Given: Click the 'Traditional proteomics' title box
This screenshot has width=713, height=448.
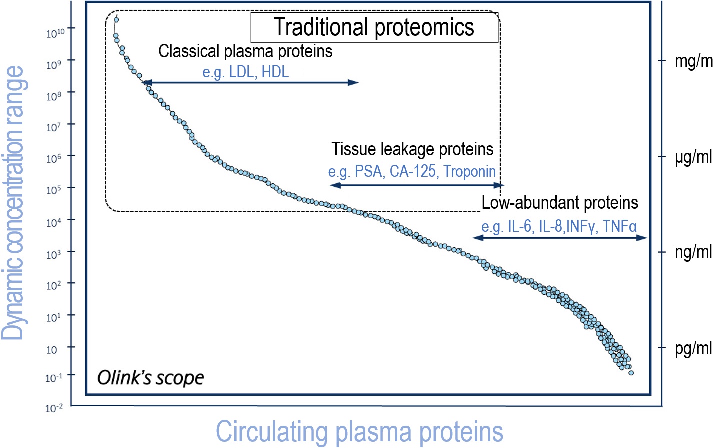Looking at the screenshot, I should click(x=374, y=27).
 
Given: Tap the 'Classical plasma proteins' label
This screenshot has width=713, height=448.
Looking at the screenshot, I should click(x=245, y=51).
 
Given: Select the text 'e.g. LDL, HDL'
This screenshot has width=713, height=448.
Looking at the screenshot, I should click(x=245, y=72).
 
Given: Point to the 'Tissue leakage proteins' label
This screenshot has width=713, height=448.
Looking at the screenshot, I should click(x=412, y=149).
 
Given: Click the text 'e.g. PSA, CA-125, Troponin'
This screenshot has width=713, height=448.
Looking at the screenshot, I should click(x=412, y=171).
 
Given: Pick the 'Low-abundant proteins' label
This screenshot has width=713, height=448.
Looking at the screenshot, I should click(x=559, y=203).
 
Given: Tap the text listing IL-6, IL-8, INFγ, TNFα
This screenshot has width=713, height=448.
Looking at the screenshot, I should click(x=559, y=226).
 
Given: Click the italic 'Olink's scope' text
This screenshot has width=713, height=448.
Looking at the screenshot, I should click(x=150, y=378).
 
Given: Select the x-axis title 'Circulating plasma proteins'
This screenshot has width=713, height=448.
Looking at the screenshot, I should click(x=359, y=432).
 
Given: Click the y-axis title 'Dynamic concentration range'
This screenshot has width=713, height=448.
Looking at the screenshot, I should click(x=13, y=203).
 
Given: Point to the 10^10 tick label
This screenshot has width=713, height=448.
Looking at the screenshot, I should click(x=55, y=33).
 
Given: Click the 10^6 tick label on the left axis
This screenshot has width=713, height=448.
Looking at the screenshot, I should click(x=53, y=158).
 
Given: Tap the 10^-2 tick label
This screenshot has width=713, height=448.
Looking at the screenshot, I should click(x=54, y=408).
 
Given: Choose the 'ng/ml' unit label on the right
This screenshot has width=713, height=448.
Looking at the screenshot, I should click(x=693, y=252).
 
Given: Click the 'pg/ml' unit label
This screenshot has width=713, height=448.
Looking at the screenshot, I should click(x=693, y=348).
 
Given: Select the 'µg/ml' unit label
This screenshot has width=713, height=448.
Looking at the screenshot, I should click(x=693, y=157).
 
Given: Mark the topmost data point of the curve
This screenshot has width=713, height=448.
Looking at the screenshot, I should click(x=116, y=20).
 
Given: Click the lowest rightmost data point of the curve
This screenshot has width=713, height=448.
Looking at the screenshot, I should click(x=631, y=373).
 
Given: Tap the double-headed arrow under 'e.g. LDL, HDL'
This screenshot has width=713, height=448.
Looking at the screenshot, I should click(x=251, y=82).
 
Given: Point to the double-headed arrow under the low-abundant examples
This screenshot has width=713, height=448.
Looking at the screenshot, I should click(x=560, y=238).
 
